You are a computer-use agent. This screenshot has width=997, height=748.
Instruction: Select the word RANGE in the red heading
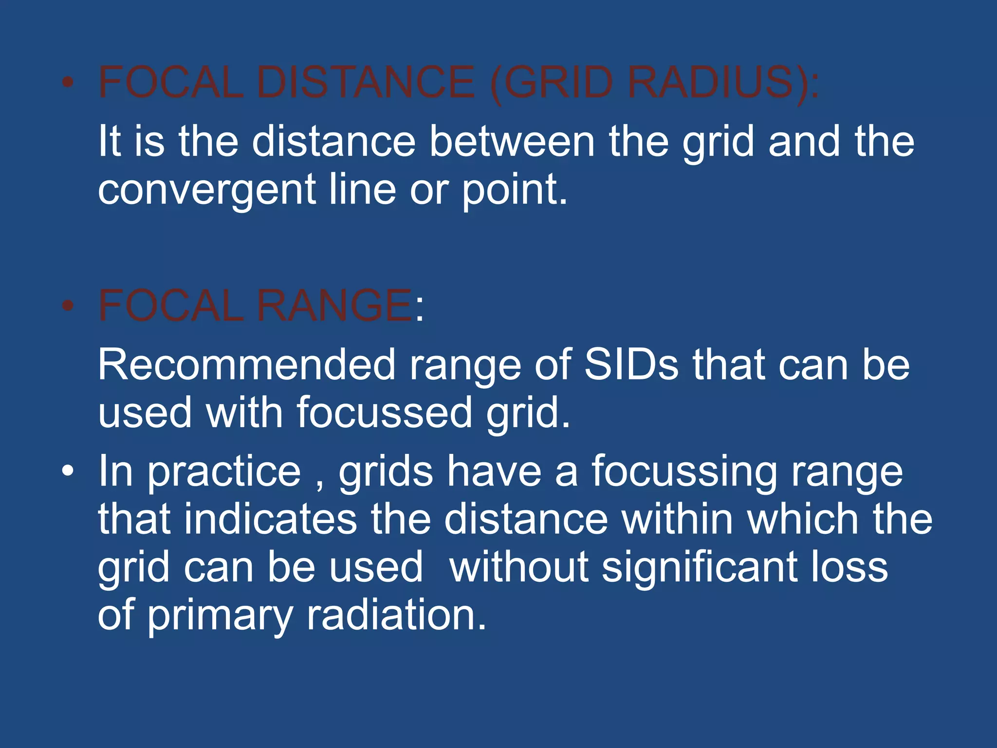click(x=334, y=306)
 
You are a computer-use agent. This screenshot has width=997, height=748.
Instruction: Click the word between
click(x=512, y=142)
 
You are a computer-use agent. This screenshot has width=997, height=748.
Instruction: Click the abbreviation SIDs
click(x=631, y=365)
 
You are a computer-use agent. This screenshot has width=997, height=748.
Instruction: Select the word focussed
click(x=384, y=413)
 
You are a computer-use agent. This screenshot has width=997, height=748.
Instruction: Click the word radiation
click(x=396, y=615)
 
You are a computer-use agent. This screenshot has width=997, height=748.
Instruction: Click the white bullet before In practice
click(x=68, y=471)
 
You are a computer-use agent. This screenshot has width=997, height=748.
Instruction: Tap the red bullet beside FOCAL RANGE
click(x=68, y=306)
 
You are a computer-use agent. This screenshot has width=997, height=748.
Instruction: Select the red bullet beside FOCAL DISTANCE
click(x=68, y=82)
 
